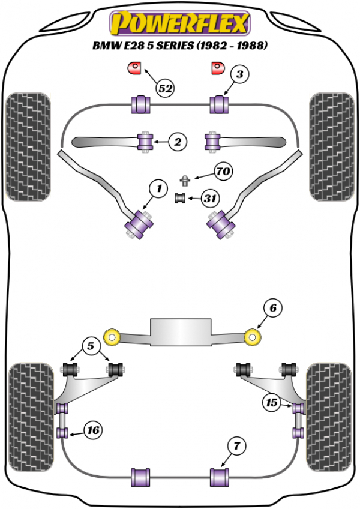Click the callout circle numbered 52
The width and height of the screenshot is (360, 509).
pos(166,89)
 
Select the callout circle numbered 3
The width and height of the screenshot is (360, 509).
pos(239,75)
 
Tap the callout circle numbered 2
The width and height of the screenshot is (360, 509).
pos(178,142)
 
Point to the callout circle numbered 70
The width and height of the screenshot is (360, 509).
pos(223,172)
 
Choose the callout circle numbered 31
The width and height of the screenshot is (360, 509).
pos(211,199)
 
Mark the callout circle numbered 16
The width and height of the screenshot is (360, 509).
pos(94,430)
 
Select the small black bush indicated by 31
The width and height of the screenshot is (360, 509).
pos(179,198)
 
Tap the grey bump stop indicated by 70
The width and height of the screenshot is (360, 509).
pos(187,178)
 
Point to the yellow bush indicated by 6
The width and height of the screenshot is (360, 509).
pos(254,337)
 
